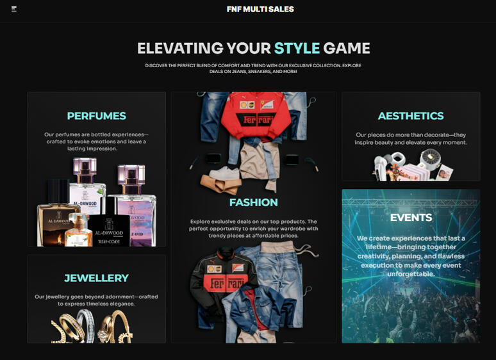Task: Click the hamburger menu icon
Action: pyautogui.click(x=14, y=9)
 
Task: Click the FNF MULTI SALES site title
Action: pyautogui.click(x=260, y=9)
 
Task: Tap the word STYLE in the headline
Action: pyautogui.click(x=297, y=48)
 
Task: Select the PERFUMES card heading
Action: pyautogui.click(x=96, y=116)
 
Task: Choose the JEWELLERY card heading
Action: pyautogui.click(x=96, y=278)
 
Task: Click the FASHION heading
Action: pyautogui.click(x=253, y=202)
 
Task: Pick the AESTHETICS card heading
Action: pyautogui.click(x=410, y=116)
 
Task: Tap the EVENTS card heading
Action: pyautogui.click(x=411, y=218)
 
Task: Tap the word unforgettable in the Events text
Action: pyautogui.click(x=411, y=274)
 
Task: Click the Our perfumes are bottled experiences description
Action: pyautogui.click(x=96, y=142)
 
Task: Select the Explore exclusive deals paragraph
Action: pyautogui.click(x=253, y=229)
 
